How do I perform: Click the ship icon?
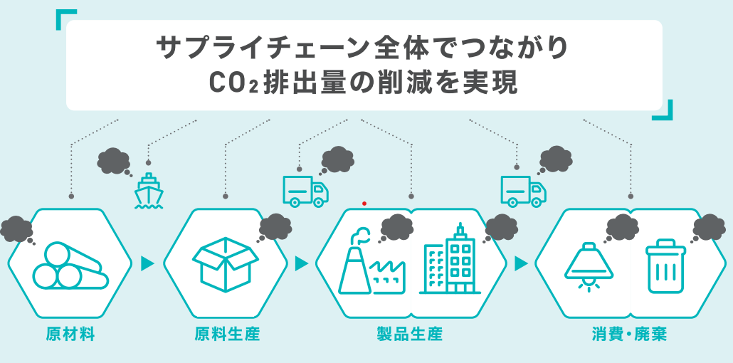(x=149, y=190)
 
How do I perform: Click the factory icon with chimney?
(x=369, y=263)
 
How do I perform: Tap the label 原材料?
(x=70, y=334)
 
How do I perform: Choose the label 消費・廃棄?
(x=628, y=334)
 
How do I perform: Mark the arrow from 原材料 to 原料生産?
(x=148, y=263)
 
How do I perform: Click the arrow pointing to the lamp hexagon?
(x=522, y=263)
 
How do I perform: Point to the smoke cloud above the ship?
(x=114, y=161)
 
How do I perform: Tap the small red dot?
(x=364, y=204)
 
